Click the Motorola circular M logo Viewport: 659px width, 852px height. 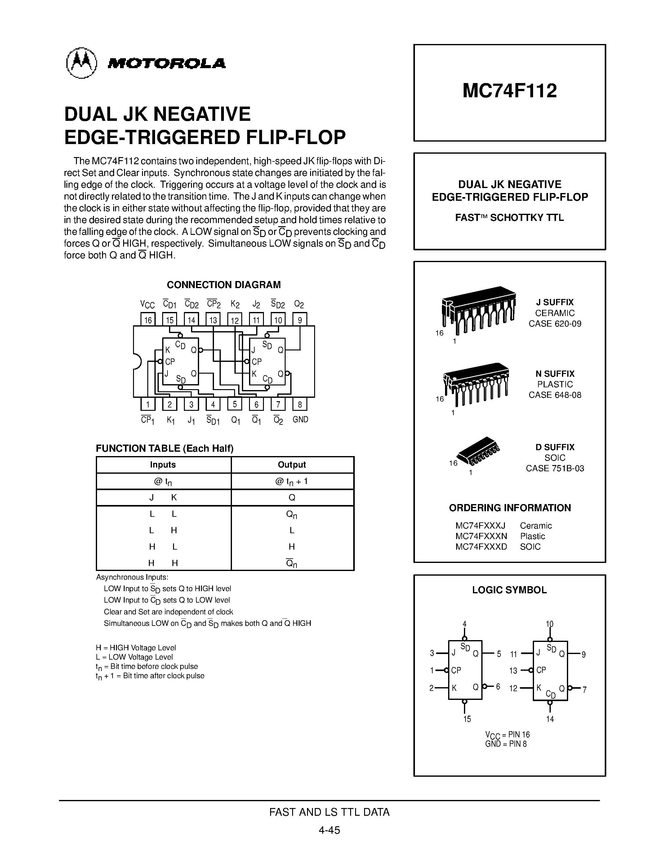tap(81, 63)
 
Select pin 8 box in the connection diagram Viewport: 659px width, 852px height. tap(300, 404)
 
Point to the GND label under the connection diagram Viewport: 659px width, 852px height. tap(300, 419)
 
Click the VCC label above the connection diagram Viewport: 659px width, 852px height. tap(148, 304)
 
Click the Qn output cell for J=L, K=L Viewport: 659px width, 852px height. tap(292, 515)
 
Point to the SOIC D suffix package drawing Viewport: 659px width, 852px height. tap(479, 452)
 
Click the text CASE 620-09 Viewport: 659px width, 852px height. tap(555, 323)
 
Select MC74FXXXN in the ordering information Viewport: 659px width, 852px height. tap(481, 536)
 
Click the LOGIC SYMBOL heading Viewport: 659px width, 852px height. tap(509, 590)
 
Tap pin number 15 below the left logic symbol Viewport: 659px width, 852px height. tap(467, 718)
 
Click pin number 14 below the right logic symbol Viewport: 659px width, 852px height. tap(550, 718)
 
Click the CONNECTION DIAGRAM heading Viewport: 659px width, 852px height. tap(224, 285)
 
